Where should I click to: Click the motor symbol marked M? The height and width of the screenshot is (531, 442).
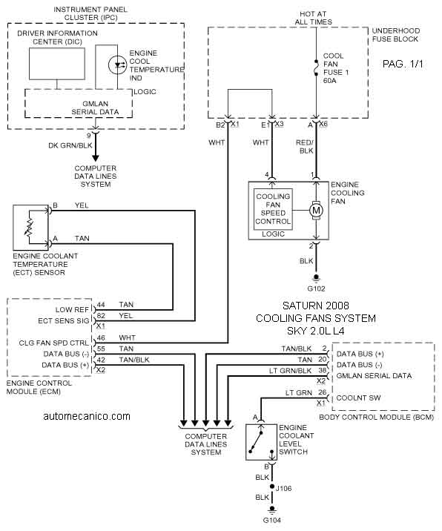(316, 211)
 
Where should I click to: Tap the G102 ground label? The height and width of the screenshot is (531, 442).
(316, 288)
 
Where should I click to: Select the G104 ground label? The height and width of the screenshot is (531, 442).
(272, 520)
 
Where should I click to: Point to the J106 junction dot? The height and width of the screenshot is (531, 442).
(271, 487)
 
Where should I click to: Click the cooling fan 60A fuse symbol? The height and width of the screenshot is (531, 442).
(317, 68)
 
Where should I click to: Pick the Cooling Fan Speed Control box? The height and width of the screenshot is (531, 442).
(273, 209)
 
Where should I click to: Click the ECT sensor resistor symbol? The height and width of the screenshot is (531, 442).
(30, 226)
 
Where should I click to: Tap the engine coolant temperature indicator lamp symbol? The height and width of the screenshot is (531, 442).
(117, 65)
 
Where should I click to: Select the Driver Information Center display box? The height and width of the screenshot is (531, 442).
(57, 64)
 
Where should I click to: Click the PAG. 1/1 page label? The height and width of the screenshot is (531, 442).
(403, 64)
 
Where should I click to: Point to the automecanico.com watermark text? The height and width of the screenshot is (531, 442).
(87, 416)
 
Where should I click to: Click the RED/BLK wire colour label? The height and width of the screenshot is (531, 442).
(305, 147)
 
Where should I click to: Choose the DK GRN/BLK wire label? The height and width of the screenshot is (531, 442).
(70, 145)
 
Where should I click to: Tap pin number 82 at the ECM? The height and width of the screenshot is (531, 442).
(101, 316)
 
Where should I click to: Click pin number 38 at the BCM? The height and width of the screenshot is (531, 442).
(322, 370)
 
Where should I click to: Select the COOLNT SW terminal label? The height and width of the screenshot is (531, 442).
(358, 398)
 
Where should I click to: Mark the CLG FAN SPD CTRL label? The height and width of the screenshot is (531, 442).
(54, 343)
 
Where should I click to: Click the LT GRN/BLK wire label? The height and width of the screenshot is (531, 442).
(290, 371)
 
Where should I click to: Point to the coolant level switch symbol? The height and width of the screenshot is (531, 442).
(261, 442)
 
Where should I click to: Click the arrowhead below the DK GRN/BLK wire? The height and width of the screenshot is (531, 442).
(96, 158)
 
